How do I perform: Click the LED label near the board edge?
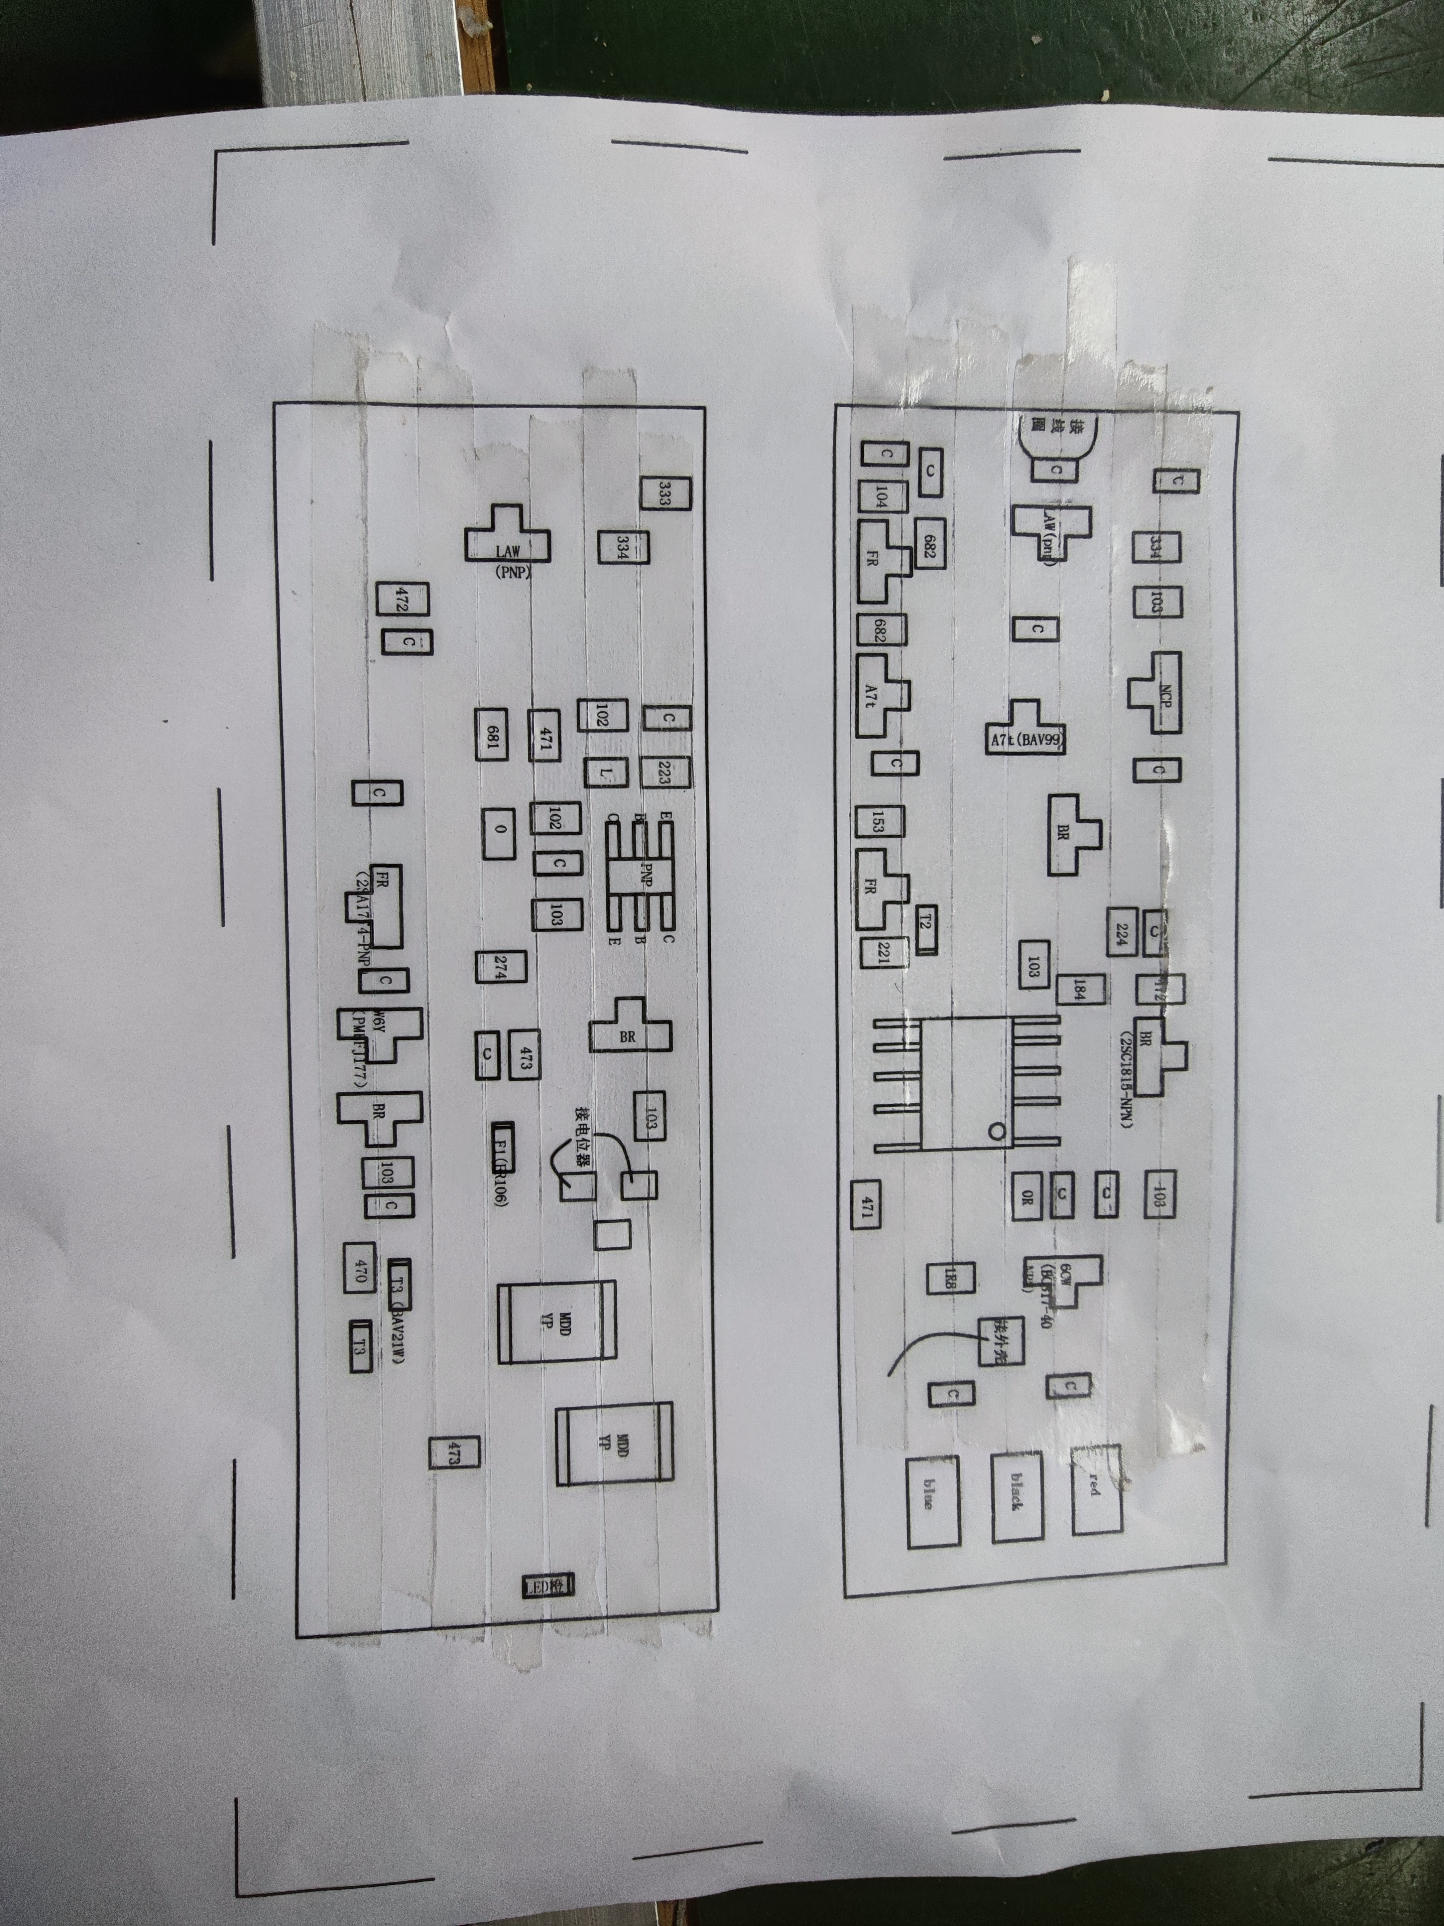pyautogui.click(x=546, y=1586)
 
